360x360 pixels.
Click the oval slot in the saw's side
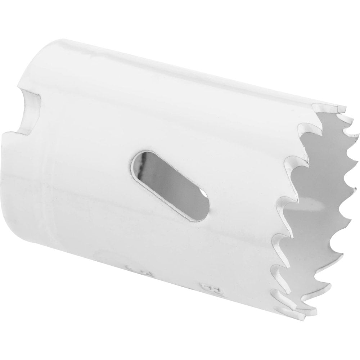169,184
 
